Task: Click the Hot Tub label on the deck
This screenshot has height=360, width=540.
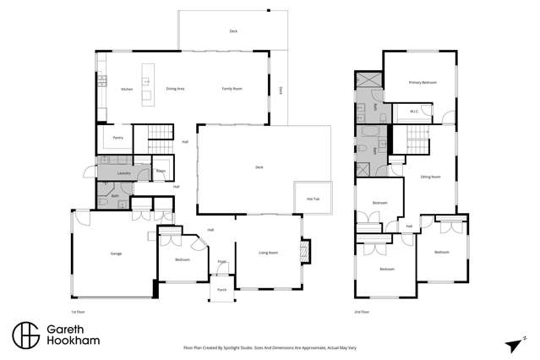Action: tap(312, 199)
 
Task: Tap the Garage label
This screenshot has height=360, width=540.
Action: tap(115, 254)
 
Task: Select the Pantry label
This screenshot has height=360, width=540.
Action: tap(117, 138)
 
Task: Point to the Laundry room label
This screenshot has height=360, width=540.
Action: tap(123, 172)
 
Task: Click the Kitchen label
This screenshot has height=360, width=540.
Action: tap(127, 89)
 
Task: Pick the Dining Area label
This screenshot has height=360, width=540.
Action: tap(175, 89)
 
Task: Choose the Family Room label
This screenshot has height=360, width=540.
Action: tap(232, 89)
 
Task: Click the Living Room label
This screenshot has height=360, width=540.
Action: tap(268, 253)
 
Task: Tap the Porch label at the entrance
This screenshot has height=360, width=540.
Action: tap(221, 289)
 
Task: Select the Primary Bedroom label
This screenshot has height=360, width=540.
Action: tap(423, 82)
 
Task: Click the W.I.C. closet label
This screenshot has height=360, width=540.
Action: tap(414, 112)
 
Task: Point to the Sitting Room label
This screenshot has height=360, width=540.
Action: tap(431, 177)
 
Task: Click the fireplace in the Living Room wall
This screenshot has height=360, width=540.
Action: tap(306, 251)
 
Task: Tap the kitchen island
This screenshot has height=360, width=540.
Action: tap(146, 83)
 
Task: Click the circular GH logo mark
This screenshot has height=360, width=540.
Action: tap(25, 335)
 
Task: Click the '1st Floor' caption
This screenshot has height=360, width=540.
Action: tap(79, 312)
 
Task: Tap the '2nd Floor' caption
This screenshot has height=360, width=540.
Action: tap(362, 312)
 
